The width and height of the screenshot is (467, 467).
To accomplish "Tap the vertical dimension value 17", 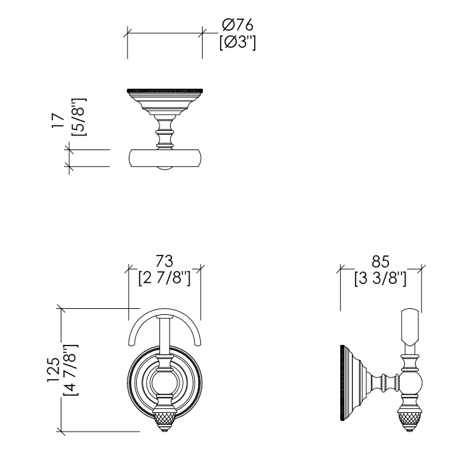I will point(58,121).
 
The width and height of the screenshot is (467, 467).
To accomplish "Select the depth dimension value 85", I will point(380,261).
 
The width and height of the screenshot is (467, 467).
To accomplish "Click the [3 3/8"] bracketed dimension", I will point(380,278).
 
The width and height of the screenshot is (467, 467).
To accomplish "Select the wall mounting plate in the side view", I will point(344,384).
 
